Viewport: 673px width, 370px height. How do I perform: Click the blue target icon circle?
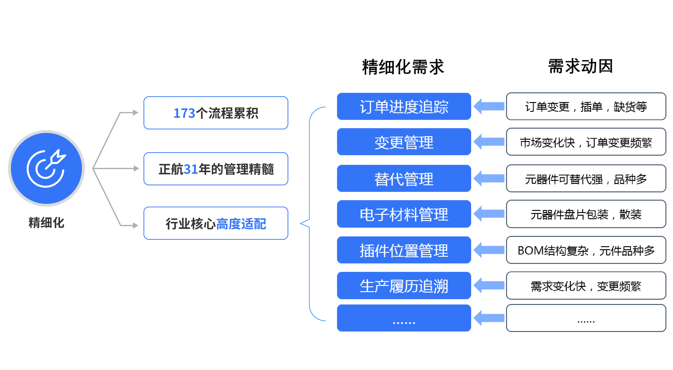(47, 168)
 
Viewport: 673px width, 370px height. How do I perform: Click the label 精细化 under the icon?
(47, 223)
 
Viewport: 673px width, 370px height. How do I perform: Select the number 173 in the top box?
(184, 113)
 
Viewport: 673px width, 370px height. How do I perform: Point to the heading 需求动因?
(580, 66)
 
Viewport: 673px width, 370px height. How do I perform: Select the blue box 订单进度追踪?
(404, 107)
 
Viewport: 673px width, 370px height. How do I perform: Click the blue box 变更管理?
(404, 142)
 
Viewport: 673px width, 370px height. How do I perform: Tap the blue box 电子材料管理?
(404, 214)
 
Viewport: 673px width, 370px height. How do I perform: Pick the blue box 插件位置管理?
(404, 250)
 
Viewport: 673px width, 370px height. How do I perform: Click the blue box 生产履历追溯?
(404, 286)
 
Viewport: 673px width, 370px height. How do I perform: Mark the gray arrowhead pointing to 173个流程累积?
(135, 113)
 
